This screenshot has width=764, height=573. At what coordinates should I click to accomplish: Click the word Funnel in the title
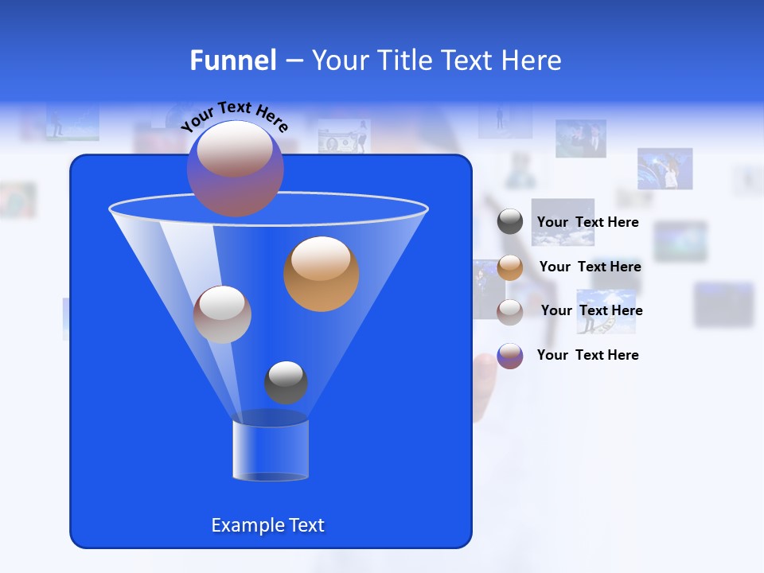tap(233, 60)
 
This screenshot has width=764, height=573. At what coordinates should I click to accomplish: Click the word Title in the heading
tap(407, 60)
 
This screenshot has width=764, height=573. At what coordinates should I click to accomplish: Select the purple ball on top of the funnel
tap(235, 168)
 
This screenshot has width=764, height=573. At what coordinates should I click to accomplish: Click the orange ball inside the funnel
tap(322, 274)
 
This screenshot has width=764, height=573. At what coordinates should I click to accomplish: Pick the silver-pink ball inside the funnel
tap(222, 314)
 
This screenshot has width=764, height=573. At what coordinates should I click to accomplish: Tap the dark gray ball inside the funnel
tap(286, 382)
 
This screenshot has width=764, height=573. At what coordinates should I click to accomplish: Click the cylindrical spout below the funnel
tap(271, 450)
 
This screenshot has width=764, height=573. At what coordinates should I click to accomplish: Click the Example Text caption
tap(267, 525)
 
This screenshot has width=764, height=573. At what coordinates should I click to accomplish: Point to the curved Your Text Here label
tap(234, 116)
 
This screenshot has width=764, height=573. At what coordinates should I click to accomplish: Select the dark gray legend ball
tap(510, 222)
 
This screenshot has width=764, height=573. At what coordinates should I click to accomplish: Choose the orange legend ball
tap(510, 267)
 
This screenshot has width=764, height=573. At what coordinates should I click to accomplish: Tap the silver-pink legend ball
tap(510, 311)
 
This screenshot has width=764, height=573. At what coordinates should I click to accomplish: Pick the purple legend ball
tap(510, 356)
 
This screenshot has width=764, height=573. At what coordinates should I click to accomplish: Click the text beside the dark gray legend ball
tap(587, 223)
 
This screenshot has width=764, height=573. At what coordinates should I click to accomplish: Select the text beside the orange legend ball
tap(590, 267)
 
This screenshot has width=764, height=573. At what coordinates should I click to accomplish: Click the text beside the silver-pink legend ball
tap(591, 311)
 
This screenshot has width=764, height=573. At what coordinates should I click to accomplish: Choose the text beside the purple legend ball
tap(587, 356)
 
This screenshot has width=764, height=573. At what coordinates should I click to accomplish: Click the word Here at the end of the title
tap(530, 60)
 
